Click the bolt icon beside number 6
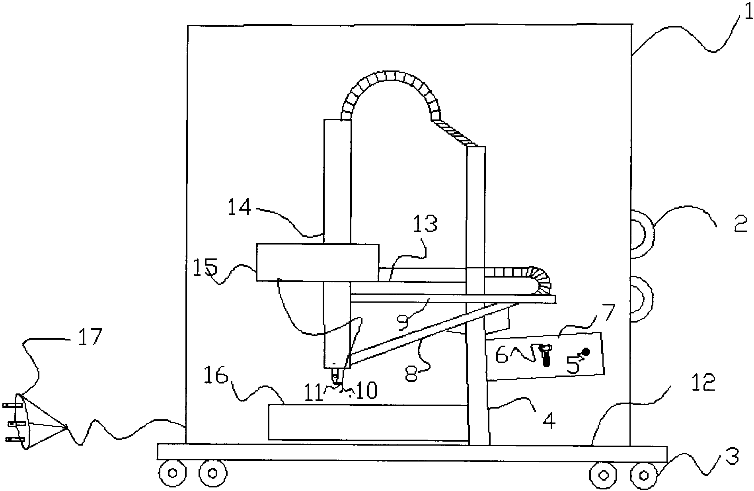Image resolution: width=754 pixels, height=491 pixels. [545, 354]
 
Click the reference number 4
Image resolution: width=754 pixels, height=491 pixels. [549, 421]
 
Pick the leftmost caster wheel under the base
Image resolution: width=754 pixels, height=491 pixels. [172, 473]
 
